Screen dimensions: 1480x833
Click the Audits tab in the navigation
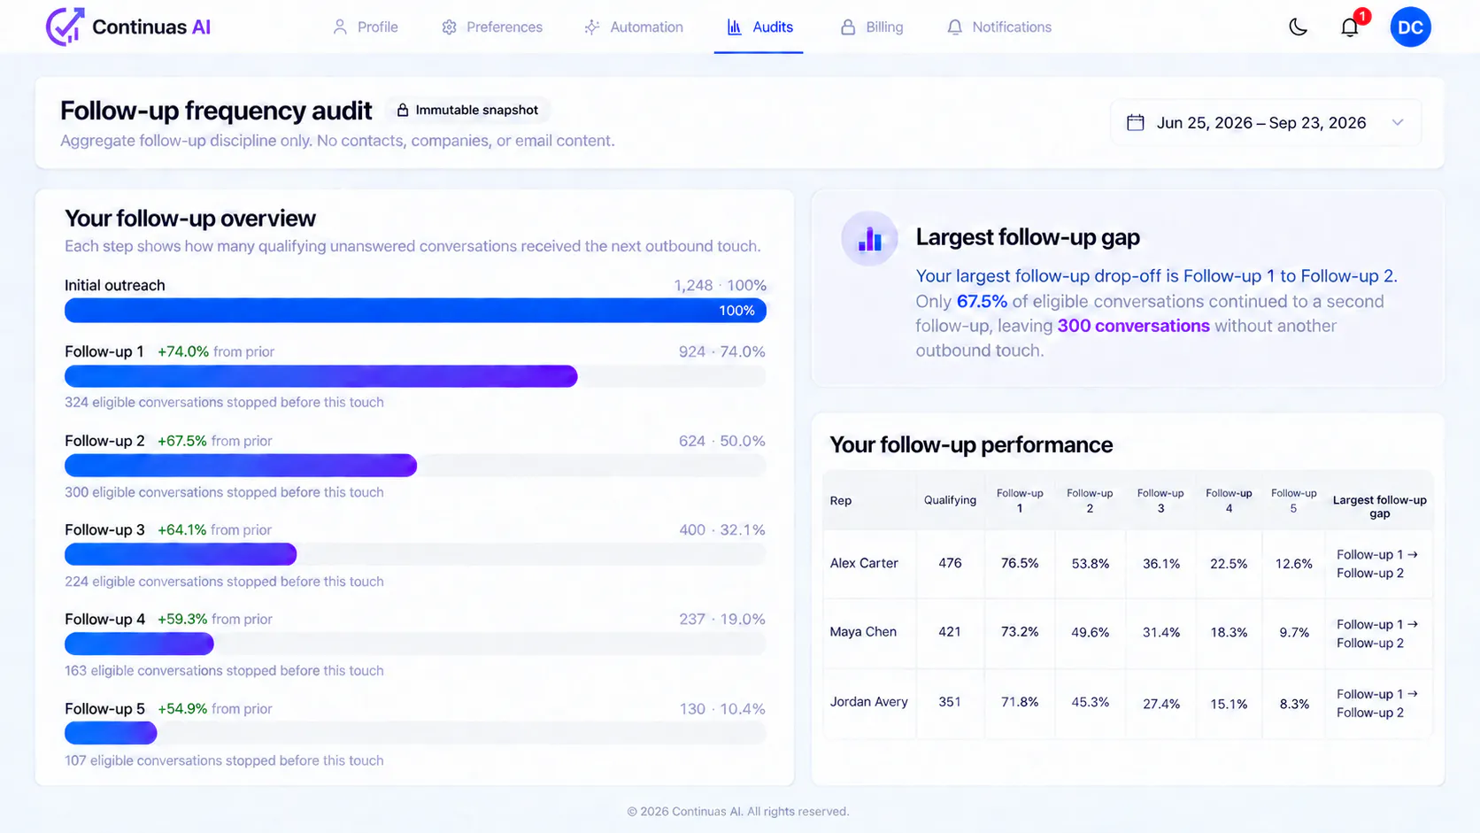[759, 27]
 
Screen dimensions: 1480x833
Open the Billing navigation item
[872, 27]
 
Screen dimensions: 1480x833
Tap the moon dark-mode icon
[1298, 27]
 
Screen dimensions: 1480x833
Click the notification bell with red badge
[1351, 27]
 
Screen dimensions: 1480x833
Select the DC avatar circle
[1410, 27]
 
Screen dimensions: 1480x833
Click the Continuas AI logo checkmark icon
[65, 27]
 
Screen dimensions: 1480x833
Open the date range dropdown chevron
[1398, 123]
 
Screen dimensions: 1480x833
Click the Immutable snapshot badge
[467, 111]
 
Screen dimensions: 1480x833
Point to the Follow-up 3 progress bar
[181, 554]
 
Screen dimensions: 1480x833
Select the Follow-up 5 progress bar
[111, 733]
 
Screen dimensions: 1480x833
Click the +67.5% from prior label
[215, 441]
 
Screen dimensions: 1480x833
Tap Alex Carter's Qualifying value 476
[950, 563]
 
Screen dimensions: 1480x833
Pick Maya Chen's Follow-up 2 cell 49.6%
[1091, 632]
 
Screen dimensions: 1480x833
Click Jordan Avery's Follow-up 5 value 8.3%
[1294, 704]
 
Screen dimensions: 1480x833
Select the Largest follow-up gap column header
[1379, 506]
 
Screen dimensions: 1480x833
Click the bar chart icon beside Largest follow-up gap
[869, 238]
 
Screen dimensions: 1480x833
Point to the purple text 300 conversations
[1133, 326]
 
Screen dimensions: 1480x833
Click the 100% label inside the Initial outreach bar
[736, 311]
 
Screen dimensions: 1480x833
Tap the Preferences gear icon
[450, 27]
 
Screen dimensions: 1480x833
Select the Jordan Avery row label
[868, 701]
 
